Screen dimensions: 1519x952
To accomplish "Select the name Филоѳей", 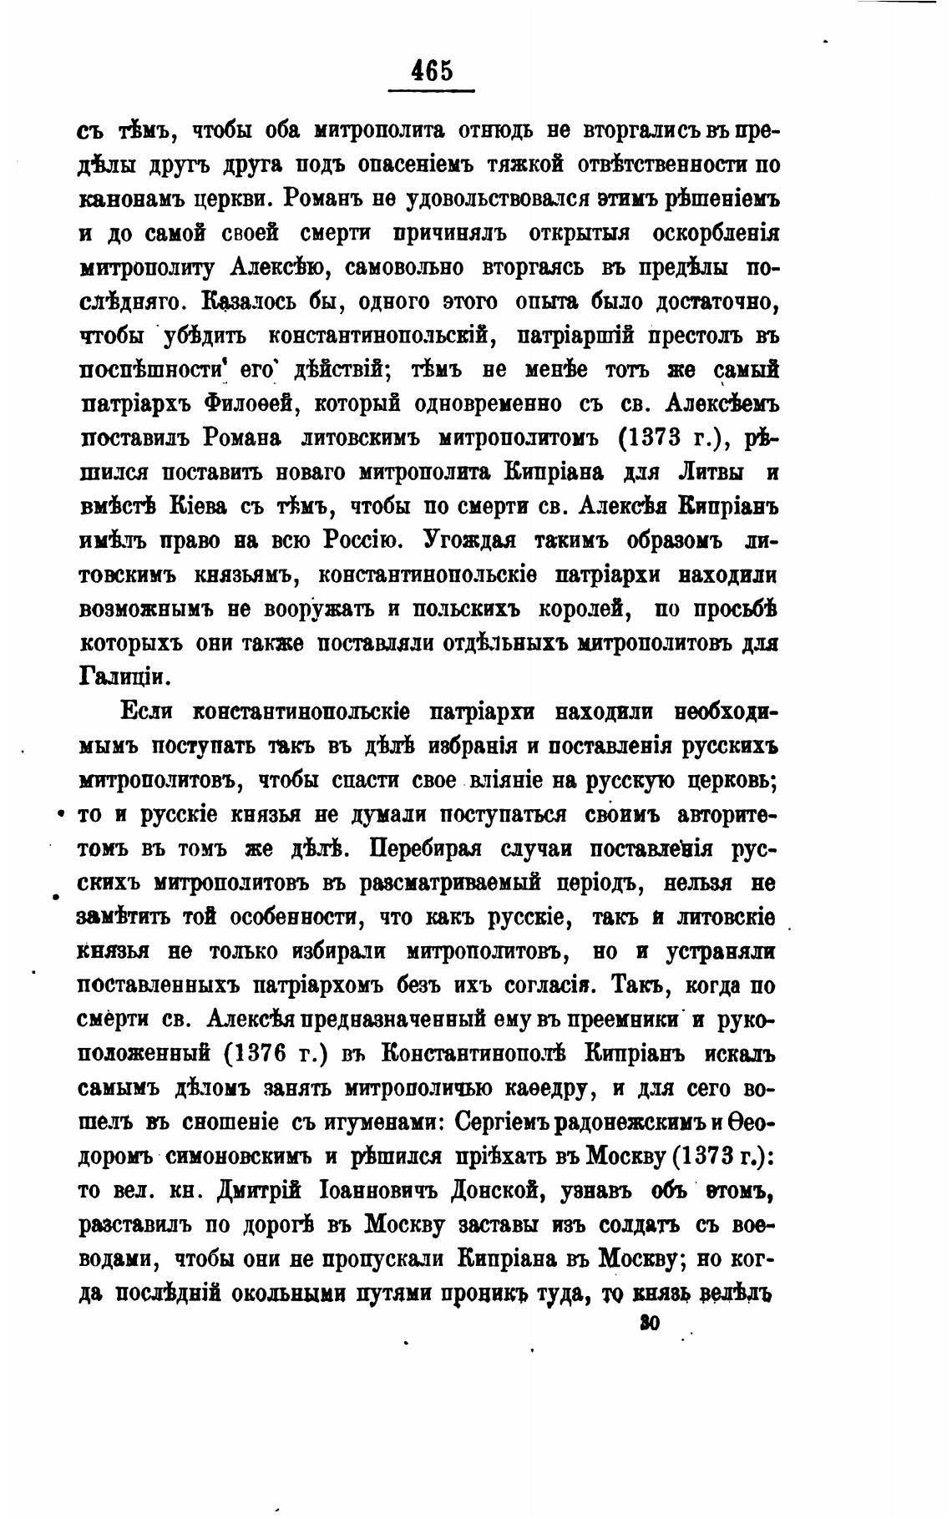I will coord(246,403).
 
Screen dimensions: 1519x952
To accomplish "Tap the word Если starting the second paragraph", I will coord(148,712).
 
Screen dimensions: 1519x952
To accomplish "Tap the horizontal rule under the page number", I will coord(433,89).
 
